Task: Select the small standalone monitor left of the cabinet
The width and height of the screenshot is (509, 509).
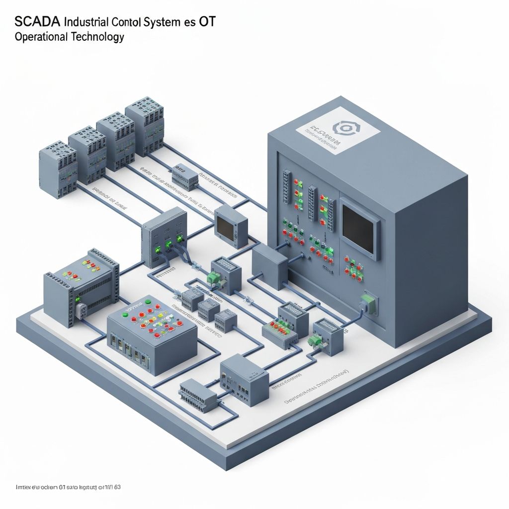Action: pos(231,226)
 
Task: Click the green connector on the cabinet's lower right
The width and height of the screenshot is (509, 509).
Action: pos(368,303)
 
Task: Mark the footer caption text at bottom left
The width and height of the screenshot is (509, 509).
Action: pos(68,487)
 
